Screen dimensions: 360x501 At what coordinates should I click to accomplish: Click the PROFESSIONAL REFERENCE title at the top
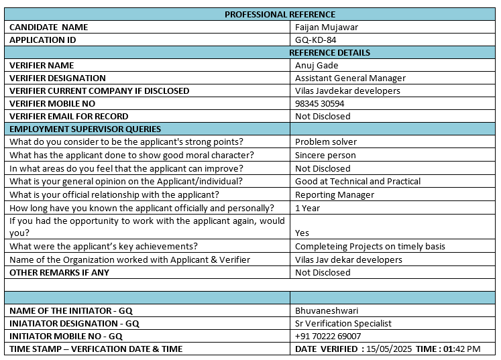(x=280, y=14)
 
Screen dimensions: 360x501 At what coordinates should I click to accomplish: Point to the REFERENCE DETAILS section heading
(x=329, y=52)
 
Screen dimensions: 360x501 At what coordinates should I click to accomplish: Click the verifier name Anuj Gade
(x=316, y=66)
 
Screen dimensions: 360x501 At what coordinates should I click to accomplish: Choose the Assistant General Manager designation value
(x=350, y=78)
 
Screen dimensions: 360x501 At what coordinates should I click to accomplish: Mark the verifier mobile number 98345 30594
(x=319, y=104)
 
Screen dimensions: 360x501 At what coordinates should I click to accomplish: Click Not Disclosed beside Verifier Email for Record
(x=323, y=117)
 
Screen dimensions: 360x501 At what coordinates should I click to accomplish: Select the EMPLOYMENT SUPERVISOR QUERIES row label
(x=85, y=129)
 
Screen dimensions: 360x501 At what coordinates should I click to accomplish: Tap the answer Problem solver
(x=326, y=142)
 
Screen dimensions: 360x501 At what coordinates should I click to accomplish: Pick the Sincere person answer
(x=325, y=155)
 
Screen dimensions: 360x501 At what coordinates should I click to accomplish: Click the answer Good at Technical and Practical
(x=357, y=182)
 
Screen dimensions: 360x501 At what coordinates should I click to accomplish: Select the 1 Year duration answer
(x=307, y=208)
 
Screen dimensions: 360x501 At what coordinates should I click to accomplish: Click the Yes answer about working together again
(x=302, y=233)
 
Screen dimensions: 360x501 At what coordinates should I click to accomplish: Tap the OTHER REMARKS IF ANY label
(x=59, y=273)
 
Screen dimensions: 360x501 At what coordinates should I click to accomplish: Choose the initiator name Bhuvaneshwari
(x=327, y=311)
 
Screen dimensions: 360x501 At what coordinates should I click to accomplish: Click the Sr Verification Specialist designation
(x=343, y=324)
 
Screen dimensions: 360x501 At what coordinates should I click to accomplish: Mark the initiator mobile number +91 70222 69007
(x=328, y=337)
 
